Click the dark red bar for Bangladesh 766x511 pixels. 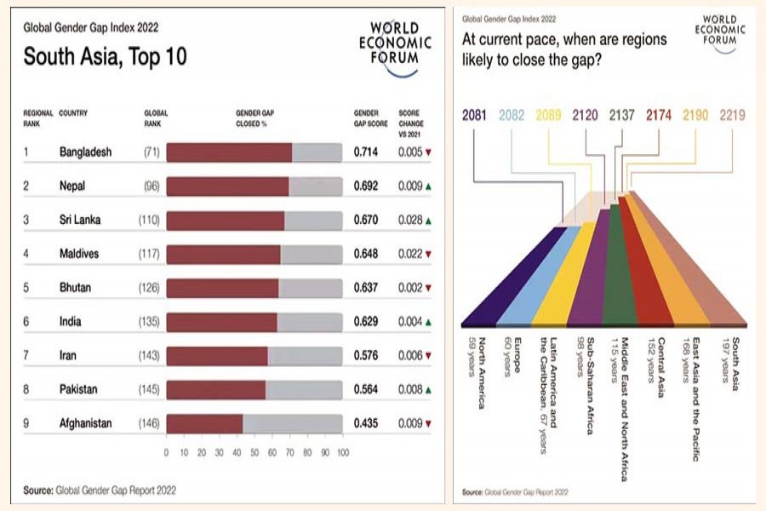[x=229, y=152]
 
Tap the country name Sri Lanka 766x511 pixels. [x=80, y=220]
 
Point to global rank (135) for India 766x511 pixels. [x=150, y=321]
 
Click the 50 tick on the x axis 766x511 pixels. [x=254, y=452]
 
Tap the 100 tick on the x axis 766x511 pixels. [x=342, y=452]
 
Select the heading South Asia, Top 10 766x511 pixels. [x=105, y=58]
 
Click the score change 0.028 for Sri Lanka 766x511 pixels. [x=411, y=220]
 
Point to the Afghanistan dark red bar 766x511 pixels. [x=204, y=422]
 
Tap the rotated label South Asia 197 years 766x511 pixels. [x=730, y=365]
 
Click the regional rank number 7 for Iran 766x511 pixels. [x=26, y=355]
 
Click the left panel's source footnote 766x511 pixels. [x=100, y=491]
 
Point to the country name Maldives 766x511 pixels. [x=79, y=254]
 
